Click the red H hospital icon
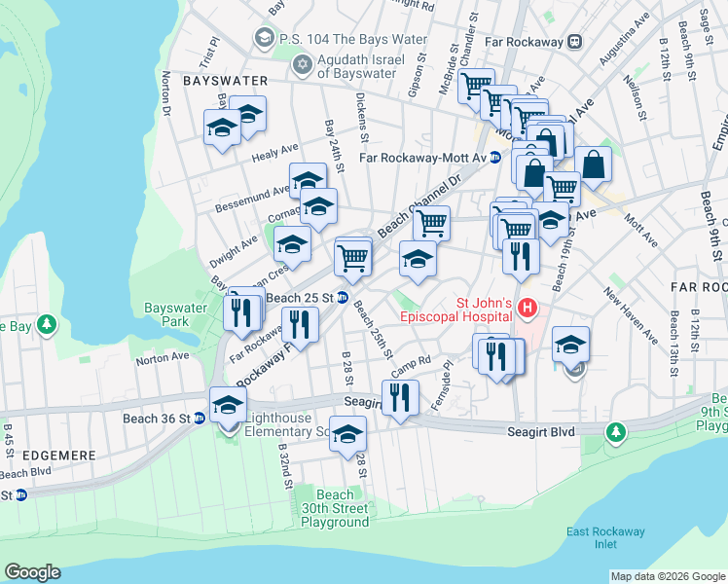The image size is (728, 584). tap(528, 309)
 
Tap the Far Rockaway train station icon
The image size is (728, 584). tap(575, 41)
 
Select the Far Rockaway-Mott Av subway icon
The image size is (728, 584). tap(494, 157)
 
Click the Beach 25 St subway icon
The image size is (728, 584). tap(343, 297)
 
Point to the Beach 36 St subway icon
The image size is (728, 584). tap(200, 419)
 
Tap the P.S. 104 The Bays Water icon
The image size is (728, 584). tap(263, 39)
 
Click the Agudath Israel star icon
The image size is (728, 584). tap(302, 64)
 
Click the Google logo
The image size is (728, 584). tap(32, 572)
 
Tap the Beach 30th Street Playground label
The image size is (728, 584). tap(334, 508)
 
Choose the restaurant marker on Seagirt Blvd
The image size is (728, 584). tap(400, 397)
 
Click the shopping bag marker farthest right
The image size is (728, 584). tap(593, 164)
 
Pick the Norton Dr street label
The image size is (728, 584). tap(167, 93)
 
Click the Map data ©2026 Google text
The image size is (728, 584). tap(668, 576)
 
